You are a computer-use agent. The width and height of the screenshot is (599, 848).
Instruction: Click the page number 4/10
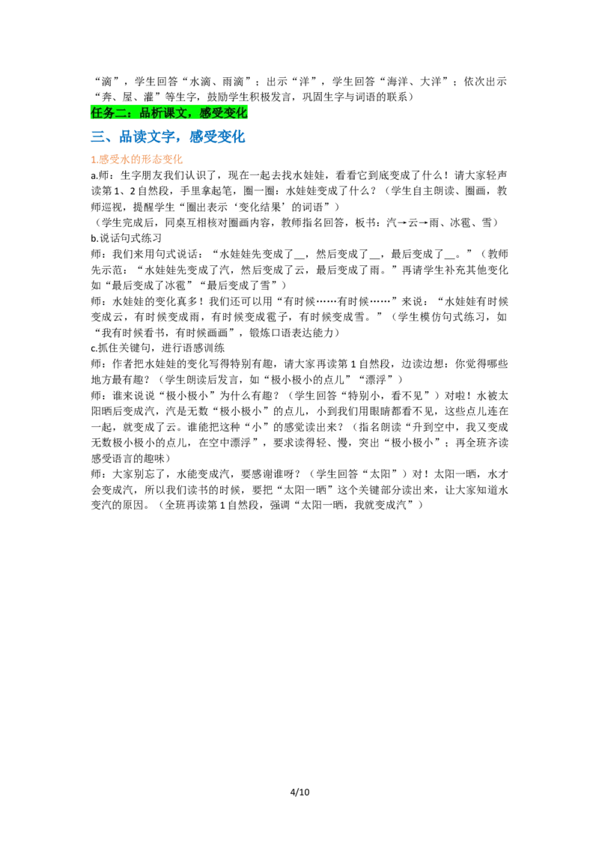tap(299, 793)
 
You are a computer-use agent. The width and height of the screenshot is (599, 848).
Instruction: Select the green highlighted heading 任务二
tap(168, 112)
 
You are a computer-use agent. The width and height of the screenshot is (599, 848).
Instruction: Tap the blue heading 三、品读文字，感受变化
tap(168, 136)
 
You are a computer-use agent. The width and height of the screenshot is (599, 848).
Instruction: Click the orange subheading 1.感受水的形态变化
tap(137, 159)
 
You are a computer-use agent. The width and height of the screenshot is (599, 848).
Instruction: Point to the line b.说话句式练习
tap(126, 238)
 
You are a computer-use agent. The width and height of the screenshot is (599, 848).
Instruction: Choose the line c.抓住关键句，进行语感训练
tap(157, 348)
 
